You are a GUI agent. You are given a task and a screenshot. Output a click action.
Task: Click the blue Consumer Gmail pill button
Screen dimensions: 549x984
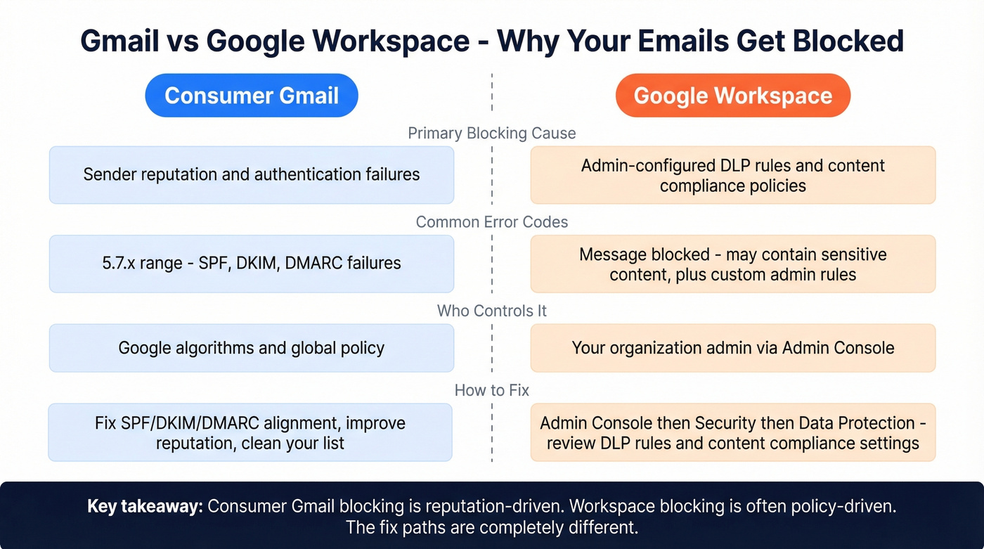pyautogui.click(x=252, y=96)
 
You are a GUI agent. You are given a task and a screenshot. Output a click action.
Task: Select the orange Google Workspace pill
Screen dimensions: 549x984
pyautogui.click(x=733, y=96)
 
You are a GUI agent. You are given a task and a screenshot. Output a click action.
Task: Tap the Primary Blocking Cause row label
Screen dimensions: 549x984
pyautogui.click(x=492, y=134)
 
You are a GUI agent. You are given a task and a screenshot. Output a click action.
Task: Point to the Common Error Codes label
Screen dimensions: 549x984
pyautogui.click(x=492, y=222)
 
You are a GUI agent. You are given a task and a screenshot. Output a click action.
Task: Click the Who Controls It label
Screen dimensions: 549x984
pyautogui.click(x=492, y=311)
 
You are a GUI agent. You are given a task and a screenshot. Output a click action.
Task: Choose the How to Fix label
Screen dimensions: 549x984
pyautogui.click(x=492, y=389)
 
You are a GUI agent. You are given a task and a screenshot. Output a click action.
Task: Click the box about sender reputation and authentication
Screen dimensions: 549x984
pyautogui.click(x=252, y=174)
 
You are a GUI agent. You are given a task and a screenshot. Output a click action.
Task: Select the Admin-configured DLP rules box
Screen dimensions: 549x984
pyautogui.click(x=733, y=175)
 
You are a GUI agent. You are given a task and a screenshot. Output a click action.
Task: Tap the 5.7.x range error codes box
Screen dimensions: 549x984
pyautogui.click(x=252, y=264)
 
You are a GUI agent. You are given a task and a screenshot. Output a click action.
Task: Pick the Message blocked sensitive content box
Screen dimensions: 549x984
pyautogui.click(x=733, y=264)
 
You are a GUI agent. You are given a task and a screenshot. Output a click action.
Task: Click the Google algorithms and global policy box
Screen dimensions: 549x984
pyautogui.click(x=252, y=348)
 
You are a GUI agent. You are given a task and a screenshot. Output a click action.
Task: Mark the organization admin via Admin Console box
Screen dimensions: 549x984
pyautogui.click(x=733, y=348)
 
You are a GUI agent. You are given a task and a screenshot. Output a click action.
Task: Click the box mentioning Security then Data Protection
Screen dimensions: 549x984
pyautogui.click(x=733, y=432)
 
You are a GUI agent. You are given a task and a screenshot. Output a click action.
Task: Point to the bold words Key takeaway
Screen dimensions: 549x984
pyautogui.click(x=143, y=506)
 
